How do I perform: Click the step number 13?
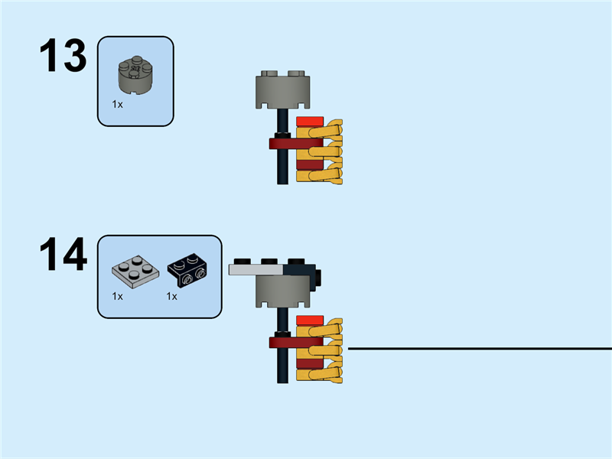coord(63,57)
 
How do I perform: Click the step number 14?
coord(63,256)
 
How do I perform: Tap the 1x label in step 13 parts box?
coord(117,103)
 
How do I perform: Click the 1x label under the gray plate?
coord(117,296)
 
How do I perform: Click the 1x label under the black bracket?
coord(172,296)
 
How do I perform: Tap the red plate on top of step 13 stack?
coord(309,121)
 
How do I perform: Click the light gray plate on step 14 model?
coord(256,269)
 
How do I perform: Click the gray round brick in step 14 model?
coord(283,291)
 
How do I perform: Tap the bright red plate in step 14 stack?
coord(309,320)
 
